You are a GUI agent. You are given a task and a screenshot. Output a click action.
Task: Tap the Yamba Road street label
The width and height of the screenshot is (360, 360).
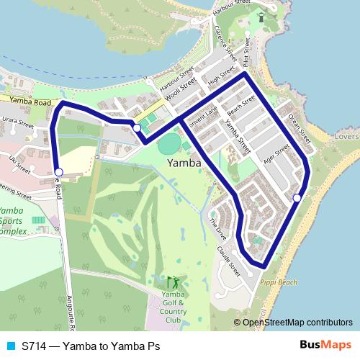point(26,103)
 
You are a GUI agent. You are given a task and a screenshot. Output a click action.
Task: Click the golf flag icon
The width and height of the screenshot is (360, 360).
point(172,282)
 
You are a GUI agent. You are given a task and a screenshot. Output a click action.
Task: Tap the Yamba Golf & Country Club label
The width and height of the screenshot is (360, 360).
point(173,307)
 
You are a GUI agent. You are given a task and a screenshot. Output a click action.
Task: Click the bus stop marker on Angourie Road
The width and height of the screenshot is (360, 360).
point(59,171)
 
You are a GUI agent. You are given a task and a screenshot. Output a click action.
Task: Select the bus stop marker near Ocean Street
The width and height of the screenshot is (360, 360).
point(297,197)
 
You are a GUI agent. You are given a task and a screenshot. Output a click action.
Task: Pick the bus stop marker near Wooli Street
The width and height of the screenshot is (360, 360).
point(137,127)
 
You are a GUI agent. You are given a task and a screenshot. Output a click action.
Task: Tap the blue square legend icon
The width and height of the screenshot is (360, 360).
point(10,346)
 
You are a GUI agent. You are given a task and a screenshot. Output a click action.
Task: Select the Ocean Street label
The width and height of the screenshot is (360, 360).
point(298,127)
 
